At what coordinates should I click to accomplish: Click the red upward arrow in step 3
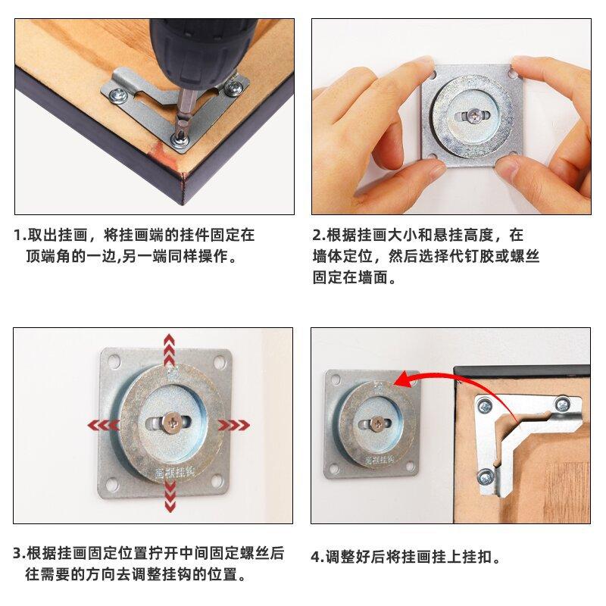169,350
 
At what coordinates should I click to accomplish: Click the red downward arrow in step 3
170,497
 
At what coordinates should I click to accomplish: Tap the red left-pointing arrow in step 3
103,426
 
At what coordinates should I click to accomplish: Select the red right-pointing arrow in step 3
234,425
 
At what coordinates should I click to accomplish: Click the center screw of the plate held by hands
474,115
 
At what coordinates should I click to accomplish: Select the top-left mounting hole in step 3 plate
114,361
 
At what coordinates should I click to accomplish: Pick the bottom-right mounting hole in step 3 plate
217,481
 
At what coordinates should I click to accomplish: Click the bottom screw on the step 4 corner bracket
485,477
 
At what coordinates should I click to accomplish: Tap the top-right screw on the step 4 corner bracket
562,405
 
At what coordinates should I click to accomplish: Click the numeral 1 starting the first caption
17,235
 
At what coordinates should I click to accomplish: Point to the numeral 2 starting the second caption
317,235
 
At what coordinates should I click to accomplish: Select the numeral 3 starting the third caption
17,553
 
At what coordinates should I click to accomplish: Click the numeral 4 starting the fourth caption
315,557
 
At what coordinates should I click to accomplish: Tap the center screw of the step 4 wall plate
376,423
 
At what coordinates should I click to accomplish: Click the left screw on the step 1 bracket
119,95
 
